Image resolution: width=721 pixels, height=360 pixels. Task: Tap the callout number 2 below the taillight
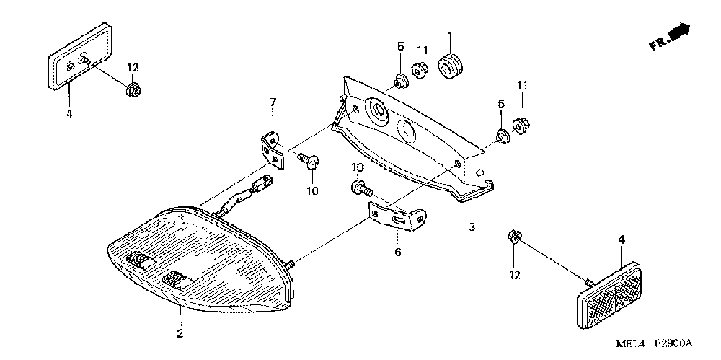tap(180, 333)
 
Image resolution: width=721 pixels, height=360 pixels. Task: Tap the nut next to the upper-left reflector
tap(132, 90)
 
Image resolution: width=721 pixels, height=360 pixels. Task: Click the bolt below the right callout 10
tap(360, 190)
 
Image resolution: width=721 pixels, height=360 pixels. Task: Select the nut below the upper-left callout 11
tap(420, 70)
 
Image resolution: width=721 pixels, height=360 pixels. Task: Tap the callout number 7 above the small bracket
tap(273, 104)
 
